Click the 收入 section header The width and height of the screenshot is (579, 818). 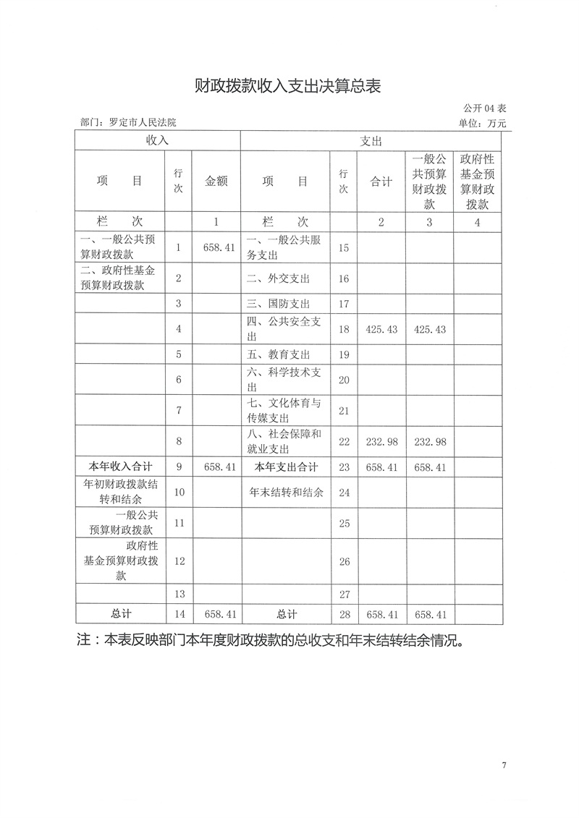(x=157, y=140)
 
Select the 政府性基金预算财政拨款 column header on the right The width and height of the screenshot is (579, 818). (x=477, y=182)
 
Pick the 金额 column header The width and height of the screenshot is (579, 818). (x=216, y=182)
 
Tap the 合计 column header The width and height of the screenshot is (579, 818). (x=381, y=182)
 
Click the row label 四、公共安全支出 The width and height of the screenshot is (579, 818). (x=284, y=329)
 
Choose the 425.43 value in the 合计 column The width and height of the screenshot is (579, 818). (x=381, y=329)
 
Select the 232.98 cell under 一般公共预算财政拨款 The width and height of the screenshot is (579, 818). (x=429, y=440)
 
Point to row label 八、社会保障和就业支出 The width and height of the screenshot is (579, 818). (x=284, y=440)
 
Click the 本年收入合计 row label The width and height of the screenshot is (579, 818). (x=121, y=467)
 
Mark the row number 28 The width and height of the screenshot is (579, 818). (x=344, y=615)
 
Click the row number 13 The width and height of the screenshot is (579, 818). (x=179, y=594)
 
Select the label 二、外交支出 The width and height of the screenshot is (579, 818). (x=279, y=278)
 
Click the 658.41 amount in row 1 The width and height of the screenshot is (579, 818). (x=216, y=247)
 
